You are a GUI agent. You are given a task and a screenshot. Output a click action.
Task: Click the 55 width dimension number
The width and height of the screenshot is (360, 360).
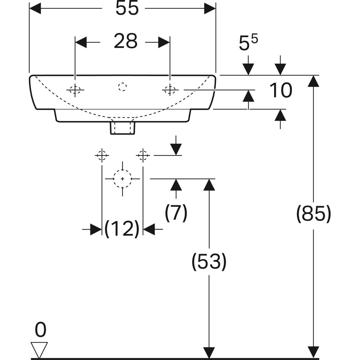[127, 9]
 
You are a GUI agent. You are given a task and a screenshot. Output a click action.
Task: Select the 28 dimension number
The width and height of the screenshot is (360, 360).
[125, 41]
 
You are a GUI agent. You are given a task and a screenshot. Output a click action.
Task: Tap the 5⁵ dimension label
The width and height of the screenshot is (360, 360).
[248, 43]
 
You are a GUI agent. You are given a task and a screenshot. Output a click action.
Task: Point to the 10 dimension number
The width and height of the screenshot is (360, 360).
[280, 91]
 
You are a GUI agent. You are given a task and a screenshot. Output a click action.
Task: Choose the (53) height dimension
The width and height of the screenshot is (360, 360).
[209, 261]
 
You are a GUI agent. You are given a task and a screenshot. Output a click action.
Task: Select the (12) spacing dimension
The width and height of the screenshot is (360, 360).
[122, 229]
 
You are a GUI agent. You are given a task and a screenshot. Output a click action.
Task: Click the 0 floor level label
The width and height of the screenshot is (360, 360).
[40, 330]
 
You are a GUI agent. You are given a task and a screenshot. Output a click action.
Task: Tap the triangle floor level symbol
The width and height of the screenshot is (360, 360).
[39, 350]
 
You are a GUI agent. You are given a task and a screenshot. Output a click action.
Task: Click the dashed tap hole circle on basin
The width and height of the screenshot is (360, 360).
[122, 87]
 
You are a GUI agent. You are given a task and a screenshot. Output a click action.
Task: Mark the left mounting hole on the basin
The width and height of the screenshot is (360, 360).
[75, 89]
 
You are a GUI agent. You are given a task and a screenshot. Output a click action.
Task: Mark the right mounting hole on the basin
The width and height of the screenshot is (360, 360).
[170, 89]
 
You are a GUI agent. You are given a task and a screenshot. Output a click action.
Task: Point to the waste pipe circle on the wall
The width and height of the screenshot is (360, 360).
[122, 179]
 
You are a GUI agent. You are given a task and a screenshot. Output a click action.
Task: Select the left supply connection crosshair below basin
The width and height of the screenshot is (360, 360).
[102, 155]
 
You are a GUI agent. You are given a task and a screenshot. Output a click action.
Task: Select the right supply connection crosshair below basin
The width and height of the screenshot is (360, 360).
[143, 155]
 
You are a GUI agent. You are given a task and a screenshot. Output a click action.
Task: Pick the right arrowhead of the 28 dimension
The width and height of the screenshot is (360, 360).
[164, 42]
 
